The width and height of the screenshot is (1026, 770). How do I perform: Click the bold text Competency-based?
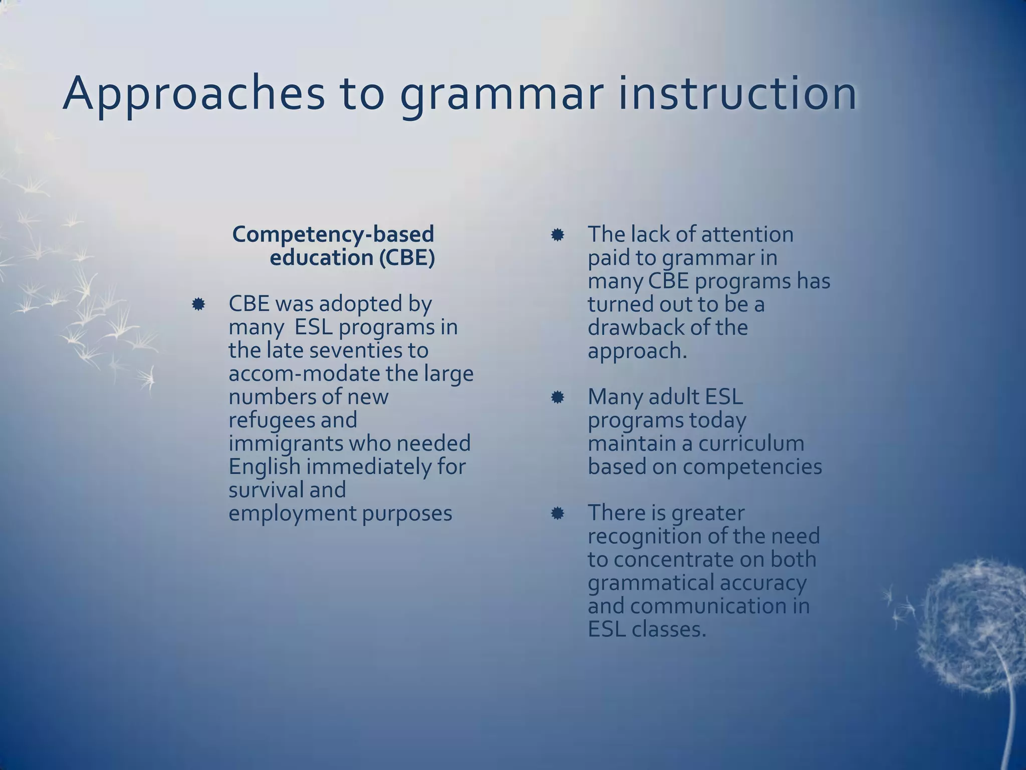[333, 235]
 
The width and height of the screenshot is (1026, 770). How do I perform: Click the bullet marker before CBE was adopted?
[198, 304]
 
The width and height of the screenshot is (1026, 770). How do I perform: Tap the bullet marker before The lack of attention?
[557, 235]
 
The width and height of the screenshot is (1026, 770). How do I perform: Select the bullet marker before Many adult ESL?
[557, 398]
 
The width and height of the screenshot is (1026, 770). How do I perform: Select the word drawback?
[635, 328]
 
